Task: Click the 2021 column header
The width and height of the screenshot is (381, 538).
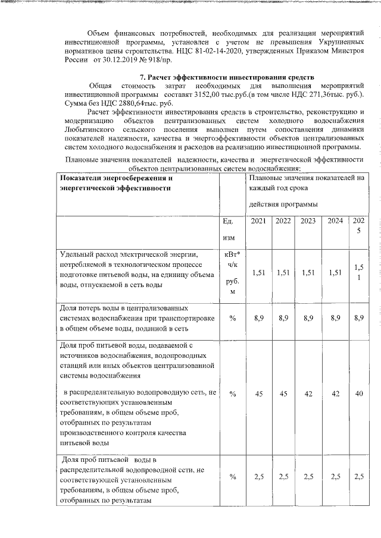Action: (x=258, y=222)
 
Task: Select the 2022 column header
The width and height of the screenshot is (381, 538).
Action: (x=283, y=222)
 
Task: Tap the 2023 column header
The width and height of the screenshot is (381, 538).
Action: (x=308, y=222)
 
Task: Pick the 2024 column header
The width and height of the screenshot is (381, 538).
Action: (x=335, y=222)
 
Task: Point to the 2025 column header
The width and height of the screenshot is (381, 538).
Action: (x=358, y=226)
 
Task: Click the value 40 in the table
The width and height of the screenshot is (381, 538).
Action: (x=358, y=394)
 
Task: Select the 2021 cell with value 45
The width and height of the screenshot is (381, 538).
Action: (x=258, y=394)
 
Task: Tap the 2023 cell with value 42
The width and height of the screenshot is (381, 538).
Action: (x=308, y=394)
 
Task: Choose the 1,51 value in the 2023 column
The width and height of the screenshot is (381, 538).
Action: (x=308, y=273)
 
